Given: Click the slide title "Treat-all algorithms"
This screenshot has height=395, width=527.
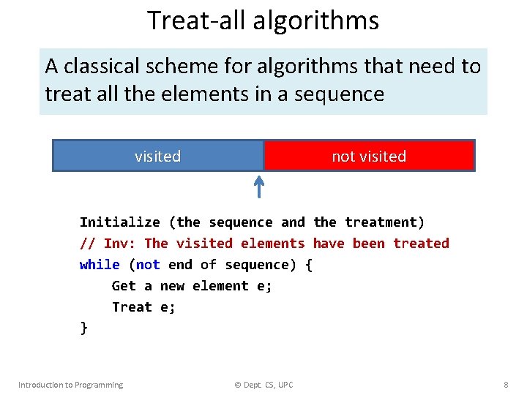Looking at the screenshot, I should [x=263, y=20].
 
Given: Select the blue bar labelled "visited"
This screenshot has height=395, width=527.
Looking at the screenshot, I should [x=157, y=156].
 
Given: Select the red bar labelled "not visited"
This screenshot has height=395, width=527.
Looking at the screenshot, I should [x=369, y=156].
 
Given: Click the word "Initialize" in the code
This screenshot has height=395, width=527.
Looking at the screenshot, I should [x=119, y=222].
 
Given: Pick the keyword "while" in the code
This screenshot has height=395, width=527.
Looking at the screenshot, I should [x=100, y=265].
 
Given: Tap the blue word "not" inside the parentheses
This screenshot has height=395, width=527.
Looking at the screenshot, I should [x=148, y=265].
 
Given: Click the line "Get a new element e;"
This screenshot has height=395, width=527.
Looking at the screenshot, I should [x=192, y=286].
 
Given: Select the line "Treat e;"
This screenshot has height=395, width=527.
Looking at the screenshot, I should [x=143, y=307].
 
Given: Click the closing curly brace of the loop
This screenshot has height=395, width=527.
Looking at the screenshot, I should [x=83, y=328].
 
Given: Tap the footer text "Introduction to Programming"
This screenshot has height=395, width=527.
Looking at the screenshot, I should [x=70, y=385].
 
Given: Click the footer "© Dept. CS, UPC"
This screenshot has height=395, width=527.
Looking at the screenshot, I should [x=263, y=385].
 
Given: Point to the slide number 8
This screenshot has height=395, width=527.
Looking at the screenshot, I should [x=506, y=385].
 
